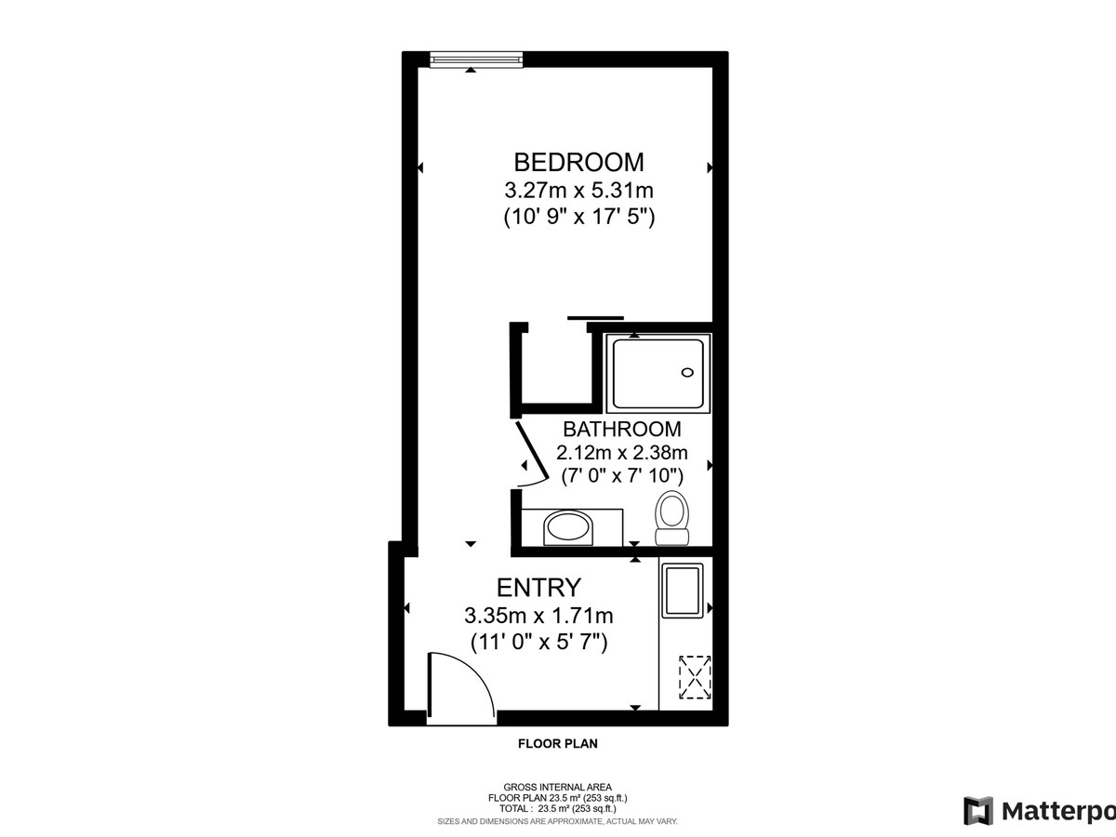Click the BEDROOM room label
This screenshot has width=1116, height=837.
pos(579,163)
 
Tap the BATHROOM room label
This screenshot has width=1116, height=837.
pos(622,430)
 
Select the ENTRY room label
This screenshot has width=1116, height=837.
pos(538,588)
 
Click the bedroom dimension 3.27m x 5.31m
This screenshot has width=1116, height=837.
pos(579,191)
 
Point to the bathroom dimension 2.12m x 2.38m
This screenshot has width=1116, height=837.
pos(622,452)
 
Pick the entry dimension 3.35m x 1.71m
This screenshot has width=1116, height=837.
pos(538,616)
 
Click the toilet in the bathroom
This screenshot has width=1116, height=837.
pos(671,518)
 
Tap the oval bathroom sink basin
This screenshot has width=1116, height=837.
pos(568,527)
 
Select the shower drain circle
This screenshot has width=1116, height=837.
pos(687,373)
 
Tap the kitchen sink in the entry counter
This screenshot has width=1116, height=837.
pos(683,591)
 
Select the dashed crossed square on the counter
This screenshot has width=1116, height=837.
pos(695,677)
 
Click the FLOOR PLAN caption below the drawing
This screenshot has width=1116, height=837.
pos(558,744)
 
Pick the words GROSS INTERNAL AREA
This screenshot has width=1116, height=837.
pos(558,787)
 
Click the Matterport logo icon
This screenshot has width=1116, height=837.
pos(977,811)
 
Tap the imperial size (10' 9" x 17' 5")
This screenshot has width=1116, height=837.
pos(579,218)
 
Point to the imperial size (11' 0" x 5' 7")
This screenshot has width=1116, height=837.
pos(538,643)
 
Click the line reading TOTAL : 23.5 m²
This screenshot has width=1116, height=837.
pos(558,808)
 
